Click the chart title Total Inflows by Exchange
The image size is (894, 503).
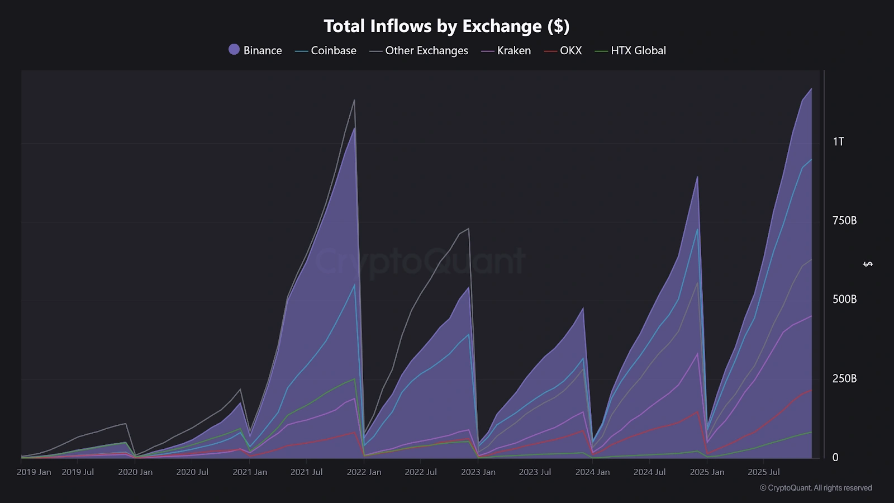pos(446,26)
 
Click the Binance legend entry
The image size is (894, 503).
pos(255,50)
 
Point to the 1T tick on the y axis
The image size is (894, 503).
pos(838,141)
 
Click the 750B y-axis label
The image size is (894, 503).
pos(844,221)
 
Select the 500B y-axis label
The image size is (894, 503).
pos(844,300)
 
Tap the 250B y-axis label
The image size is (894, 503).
pos(844,379)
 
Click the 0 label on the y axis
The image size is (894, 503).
pos(835,458)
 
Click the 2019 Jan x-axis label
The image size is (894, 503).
pos(34,472)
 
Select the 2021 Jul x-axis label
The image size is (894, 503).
pos(306,472)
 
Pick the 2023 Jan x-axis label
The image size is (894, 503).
pos(478,472)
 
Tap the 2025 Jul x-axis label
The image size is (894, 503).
pos(763,472)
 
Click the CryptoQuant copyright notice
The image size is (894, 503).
pos(816,488)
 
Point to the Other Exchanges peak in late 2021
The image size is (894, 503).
pos(354,101)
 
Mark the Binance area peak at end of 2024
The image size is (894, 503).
pos(697,177)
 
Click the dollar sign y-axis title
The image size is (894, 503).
pos(868,264)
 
